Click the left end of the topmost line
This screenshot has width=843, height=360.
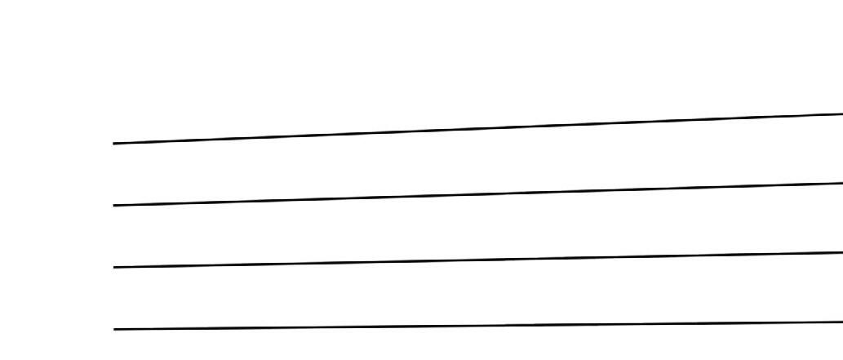(x=114, y=144)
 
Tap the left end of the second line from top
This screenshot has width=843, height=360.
(x=114, y=205)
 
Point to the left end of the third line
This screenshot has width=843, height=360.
(x=114, y=267)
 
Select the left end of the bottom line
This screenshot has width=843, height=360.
(x=114, y=329)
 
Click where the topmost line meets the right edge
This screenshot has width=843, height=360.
(x=841, y=113)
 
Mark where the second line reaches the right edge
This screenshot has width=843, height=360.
(x=841, y=183)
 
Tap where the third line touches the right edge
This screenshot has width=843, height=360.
(x=841, y=253)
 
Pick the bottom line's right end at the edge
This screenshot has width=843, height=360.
(x=841, y=322)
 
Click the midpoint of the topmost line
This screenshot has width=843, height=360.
(x=478, y=128)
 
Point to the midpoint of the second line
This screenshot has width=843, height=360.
(x=478, y=194)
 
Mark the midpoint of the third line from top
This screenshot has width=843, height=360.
(x=478, y=260)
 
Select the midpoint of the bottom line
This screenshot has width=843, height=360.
(x=478, y=326)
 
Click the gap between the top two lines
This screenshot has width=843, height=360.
(x=478, y=162)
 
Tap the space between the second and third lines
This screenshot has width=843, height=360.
(x=478, y=227)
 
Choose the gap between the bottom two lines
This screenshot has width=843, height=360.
(x=478, y=293)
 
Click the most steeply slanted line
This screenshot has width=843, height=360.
(x=326, y=135)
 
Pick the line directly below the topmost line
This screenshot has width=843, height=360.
(x=326, y=198)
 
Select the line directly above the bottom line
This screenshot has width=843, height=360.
(x=326, y=263)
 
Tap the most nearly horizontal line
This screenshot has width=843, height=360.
(x=326, y=327)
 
